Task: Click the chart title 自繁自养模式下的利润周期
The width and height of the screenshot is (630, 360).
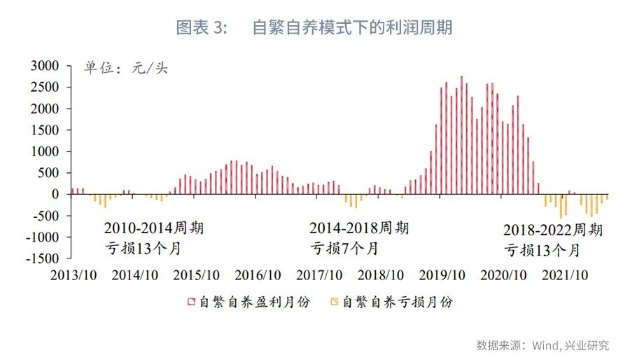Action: [x=351, y=27]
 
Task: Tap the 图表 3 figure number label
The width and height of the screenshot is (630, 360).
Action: [x=202, y=27]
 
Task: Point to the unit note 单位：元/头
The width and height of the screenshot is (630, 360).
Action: [x=126, y=68]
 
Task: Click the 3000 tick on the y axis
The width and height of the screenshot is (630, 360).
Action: [x=50, y=66]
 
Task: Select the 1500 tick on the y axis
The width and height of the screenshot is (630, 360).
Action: [x=50, y=130]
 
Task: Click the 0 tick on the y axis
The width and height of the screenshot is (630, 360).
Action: [x=59, y=194]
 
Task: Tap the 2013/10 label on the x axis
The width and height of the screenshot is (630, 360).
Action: [x=73, y=275]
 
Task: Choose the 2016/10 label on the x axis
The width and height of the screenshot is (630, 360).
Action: [x=258, y=275]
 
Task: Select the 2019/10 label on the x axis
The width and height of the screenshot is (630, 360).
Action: [x=443, y=275]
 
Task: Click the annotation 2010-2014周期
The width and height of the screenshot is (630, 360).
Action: [x=154, y=228]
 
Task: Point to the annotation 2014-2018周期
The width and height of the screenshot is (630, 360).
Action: [x=359, y=228]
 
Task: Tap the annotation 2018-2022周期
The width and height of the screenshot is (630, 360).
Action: [x=553, y=230]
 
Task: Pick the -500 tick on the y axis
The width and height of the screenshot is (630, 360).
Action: [x=50, y=216]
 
